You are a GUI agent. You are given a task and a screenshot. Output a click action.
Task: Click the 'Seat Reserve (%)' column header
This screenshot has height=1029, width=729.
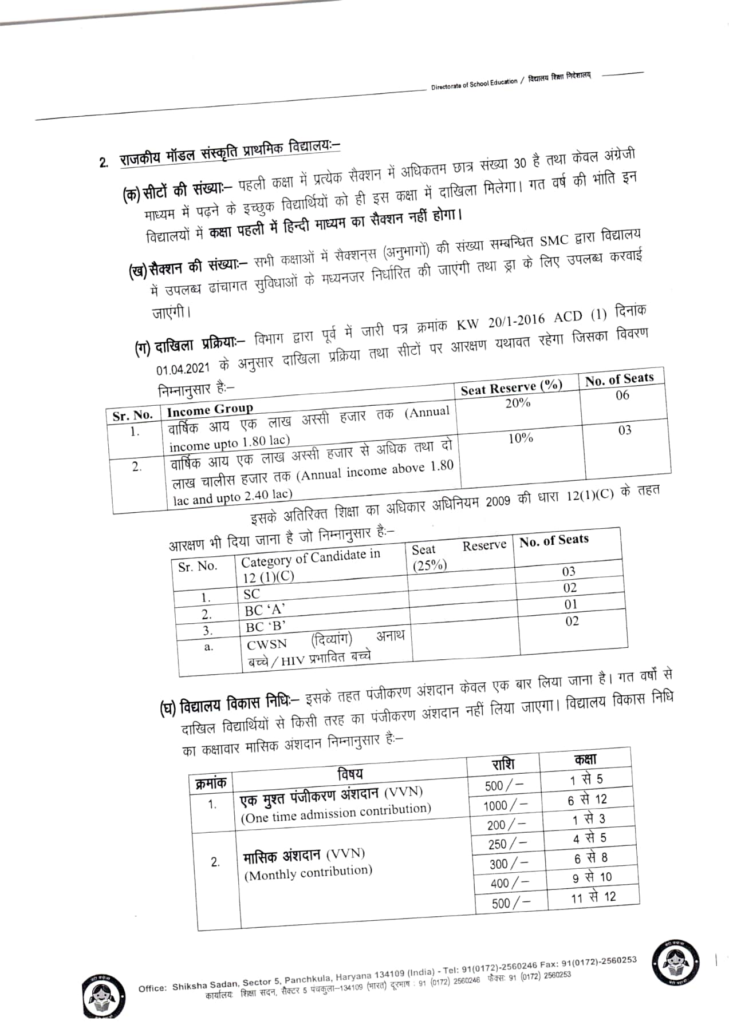511,387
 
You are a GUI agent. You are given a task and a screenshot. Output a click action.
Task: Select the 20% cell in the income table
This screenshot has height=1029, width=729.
518,403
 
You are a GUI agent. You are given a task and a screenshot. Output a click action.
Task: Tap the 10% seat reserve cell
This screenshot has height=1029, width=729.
521,438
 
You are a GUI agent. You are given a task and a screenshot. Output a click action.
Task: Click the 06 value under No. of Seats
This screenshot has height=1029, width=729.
622,395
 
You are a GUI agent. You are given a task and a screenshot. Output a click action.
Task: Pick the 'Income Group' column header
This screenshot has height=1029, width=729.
210,409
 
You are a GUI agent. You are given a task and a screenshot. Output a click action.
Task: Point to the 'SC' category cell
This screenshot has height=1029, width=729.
251,594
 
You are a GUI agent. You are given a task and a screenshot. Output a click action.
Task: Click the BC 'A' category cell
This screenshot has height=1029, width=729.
265,610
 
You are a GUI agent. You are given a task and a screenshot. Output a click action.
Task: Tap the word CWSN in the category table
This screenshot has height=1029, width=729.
267,644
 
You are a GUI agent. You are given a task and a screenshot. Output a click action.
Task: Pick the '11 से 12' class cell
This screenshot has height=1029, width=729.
593,897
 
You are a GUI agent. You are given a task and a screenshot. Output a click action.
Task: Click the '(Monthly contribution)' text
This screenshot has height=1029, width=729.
308,873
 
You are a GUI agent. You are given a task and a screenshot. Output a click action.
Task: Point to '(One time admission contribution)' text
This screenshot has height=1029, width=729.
336,813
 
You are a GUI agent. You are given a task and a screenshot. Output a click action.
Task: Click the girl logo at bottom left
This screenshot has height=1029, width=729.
104,998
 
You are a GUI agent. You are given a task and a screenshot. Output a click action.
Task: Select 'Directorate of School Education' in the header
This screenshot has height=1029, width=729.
474,84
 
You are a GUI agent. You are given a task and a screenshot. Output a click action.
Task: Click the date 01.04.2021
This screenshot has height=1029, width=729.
184,368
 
